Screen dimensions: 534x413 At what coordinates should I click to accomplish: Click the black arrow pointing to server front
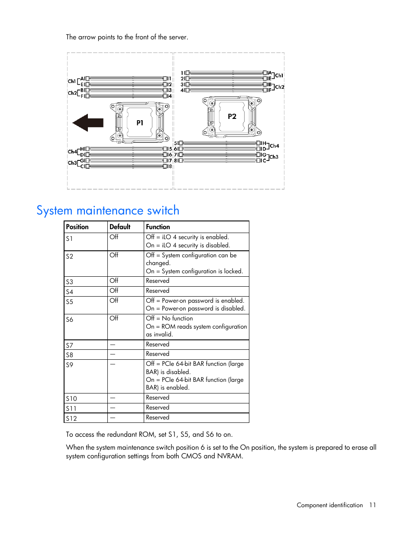pyautogui.click(x=88, y=123)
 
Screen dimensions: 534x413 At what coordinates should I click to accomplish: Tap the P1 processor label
pyautogui.click(x=140, y=123)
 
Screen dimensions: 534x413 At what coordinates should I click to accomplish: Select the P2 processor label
pyautogui.click(x=232, y=116)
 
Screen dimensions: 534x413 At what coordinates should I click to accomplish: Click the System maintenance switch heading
pyautogui.click(x=108, y=211)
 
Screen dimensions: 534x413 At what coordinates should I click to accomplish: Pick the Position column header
pyautogui.click(x=77, y=227)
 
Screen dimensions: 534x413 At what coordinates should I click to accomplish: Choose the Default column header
pyautogui.click(x=120, y=227)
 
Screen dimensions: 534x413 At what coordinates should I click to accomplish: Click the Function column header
pyautogui.click(x=158, y=227)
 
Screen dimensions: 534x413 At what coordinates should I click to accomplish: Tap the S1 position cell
pyautogui.click(x=69, y=239)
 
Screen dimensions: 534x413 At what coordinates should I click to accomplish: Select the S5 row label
pyautogui.click(x=69, y=302)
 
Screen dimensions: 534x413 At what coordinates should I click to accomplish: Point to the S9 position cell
pyautogui.click(x=69, y=365)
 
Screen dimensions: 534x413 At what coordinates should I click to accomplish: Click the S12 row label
pyautogui.click(x=71, y=419)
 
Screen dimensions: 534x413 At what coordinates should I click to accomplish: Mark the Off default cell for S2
pyautogui.click(x=114, y=255)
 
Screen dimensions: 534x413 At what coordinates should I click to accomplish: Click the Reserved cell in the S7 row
pyautogui.click(x=158, y=345)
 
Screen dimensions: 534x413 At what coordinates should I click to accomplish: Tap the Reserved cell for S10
pyautogui.click(x=158, y=398)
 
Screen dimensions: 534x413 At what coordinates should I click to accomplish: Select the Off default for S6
pyautogui.click(x=114, y=318)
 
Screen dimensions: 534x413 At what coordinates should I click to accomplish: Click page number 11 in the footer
pyautogui.click(x=372, y=505)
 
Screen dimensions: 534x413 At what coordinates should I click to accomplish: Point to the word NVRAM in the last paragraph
pyautogui.click(x=230, y=456)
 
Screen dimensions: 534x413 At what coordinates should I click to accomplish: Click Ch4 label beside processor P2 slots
pyautogui.click(x=274, y=146)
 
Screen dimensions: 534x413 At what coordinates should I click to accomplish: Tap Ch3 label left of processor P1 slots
pyautogui.click(x=72, y=163)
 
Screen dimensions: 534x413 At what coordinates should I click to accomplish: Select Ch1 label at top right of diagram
pyautogui.click(x=279, y=76)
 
